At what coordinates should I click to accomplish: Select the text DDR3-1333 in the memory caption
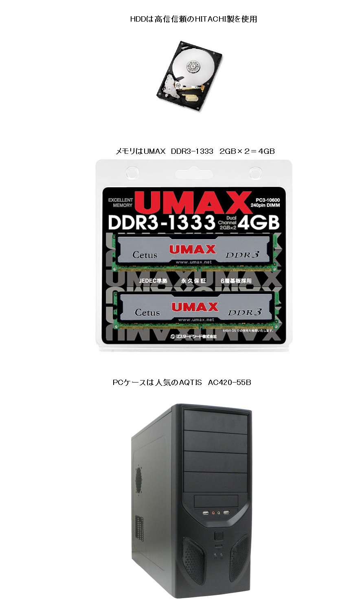[x=192, y=151]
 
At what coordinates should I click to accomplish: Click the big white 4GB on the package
[x=259, y=223]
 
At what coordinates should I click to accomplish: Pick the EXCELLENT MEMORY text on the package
[x=121, y=203]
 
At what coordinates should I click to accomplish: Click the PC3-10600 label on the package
[x=265, y=200]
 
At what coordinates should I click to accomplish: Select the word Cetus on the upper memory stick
[x=145, y=255]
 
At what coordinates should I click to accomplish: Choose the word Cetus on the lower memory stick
[x=147, y=313]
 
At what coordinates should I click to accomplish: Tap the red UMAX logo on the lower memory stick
[x=195, y=307]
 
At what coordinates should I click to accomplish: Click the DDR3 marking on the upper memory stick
[x=242, y=255]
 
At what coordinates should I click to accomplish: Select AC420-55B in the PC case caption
[x=229, y=383]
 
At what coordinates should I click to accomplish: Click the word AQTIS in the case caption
[x=190, y=383]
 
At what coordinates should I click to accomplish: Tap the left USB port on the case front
[x=206, y=513]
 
